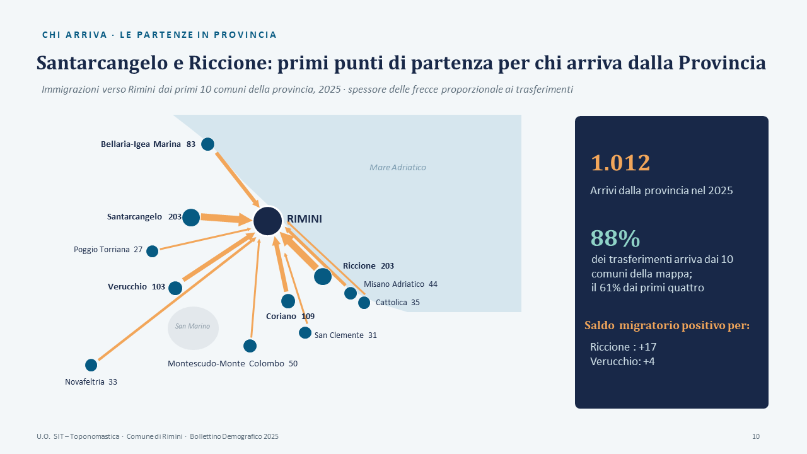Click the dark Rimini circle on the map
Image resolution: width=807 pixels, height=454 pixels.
(268, 221)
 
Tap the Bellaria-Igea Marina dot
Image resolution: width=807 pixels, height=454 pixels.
(207, 144)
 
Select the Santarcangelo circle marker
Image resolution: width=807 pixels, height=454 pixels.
(191, 218)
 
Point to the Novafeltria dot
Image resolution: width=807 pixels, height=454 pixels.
(91, 365)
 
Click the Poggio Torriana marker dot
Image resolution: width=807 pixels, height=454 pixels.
(152, 251)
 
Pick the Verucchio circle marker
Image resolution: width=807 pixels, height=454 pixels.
(175, 288)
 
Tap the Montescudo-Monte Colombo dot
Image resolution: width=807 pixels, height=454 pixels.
(250, 346)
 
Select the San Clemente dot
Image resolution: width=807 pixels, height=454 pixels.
(305, 332)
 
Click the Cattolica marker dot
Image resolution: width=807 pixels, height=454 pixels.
(364, 303)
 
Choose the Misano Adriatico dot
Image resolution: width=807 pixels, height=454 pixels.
(351, 293)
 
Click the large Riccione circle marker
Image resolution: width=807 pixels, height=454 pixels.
(323, 276)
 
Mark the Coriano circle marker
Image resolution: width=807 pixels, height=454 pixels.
(288, 301)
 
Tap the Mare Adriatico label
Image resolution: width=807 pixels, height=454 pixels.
(398, 167)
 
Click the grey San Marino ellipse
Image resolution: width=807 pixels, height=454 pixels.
(193, 328)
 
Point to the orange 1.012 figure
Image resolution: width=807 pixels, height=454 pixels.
(620, 163)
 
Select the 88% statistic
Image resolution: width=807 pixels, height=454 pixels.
(615, 238)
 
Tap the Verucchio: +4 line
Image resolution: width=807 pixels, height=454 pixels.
(622, 361)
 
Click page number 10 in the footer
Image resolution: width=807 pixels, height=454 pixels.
(756, 436)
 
